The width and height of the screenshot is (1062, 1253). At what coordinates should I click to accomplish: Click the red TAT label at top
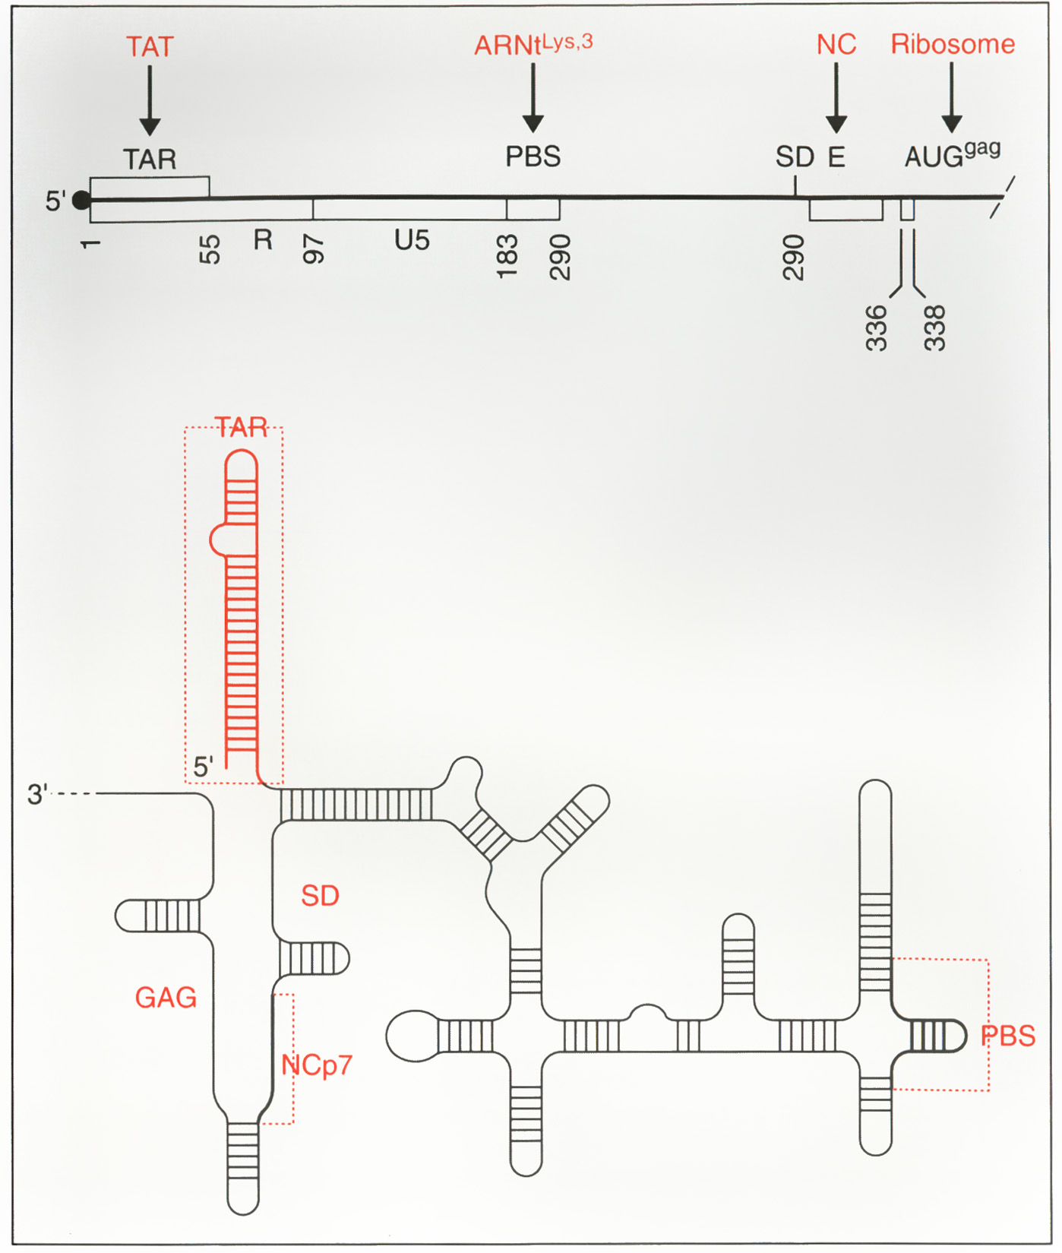pyautogui.click(x=150, y=47)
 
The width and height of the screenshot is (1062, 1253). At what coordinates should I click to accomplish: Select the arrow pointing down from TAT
pyautogui.click(x=150, y=100)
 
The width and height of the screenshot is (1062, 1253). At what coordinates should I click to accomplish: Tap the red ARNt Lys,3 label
pyautogui.click(x=533, y=45)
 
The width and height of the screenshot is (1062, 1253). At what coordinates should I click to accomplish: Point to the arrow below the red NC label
pyautogui.click(x=836, y=98)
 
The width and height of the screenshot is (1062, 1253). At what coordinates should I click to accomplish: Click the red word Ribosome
pyautogui.click(x=952, y=44)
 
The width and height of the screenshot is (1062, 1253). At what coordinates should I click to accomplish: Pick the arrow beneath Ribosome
pyautogui.click(x=951, y=98)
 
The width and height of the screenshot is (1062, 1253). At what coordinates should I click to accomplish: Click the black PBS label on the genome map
pyautogui.click(x=533, y=157)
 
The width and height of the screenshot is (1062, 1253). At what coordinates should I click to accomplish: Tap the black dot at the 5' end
pyautogui.click(x=81, y=201)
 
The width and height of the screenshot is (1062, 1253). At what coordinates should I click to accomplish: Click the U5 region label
pyautogui.click(x=412, y=241)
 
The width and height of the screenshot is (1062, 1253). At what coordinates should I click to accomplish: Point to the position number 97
pyautogui.click(x=314, y=248)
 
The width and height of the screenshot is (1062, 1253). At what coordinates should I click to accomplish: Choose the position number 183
pyautogui.click(x=507, y=256)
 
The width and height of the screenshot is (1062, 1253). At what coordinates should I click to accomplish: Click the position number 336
pyautogui.click(x=876, y=327)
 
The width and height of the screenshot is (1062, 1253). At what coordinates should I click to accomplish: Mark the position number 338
pyautogui.click(x=934, y=327)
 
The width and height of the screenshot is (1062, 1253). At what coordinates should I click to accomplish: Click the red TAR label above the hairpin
pyautogui.click(x=241, y=428)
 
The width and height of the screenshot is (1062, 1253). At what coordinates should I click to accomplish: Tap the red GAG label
pyautogui.click(x=166, y=998)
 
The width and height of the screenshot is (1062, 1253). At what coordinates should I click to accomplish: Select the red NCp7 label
pyautogui.click(x=317, y=1065)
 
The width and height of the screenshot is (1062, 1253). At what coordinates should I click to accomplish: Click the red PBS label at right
pyautogui.click(x=1008, y=1036)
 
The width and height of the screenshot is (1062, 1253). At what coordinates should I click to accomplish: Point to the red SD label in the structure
pyautogui.click(x=320, y=896)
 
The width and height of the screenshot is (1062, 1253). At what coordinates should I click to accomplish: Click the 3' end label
pyautogui.click(x=37, y=795)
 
